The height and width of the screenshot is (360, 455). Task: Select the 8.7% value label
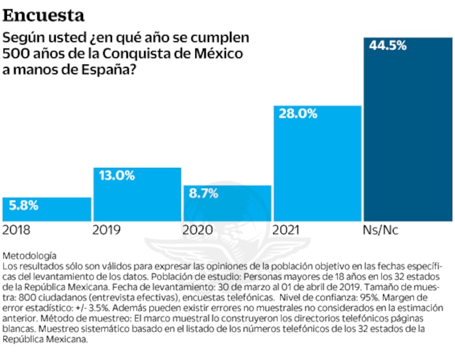[x=203, y=193]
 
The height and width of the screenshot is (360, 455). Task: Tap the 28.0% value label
[x=298, y=114]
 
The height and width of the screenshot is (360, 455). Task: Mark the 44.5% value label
[x=387, y=45]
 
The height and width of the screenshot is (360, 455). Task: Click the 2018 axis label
[x=17, y=230]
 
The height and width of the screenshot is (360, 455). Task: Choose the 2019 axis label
[x=106, y=230]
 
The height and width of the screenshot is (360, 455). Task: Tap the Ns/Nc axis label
[x=381, y=230]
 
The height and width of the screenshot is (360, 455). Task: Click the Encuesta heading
[x=43, y=15]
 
